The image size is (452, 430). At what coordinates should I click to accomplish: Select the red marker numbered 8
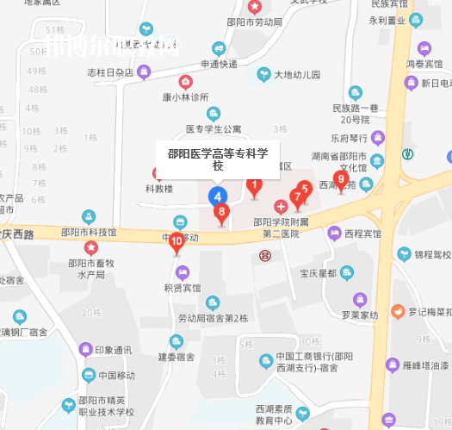pyautogui.click(x=221, y=212)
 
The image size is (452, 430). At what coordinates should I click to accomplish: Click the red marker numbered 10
pyautogui.click(x=176, y=242)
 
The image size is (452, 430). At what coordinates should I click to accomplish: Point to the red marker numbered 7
pyautogui.click(x=297, y=197)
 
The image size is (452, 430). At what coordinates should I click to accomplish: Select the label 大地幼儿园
pyautogui.click(x=297, y=75)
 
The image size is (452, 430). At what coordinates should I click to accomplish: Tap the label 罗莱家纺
pyautogui.click(x=359, y=315)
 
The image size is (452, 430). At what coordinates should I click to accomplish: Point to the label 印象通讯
pyautogui.click(x=114, y=350)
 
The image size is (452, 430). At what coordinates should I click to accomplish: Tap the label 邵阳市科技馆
pyautogui.click(x=89, y=232)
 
